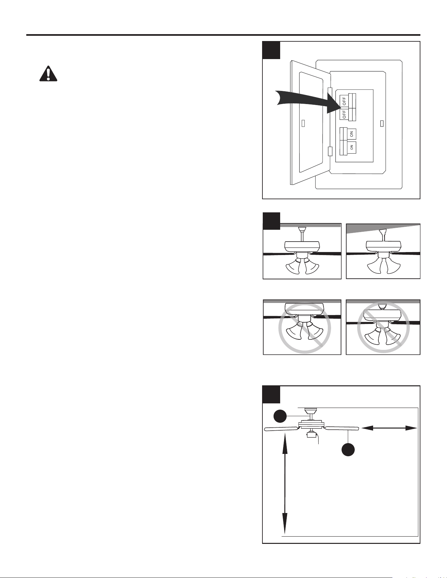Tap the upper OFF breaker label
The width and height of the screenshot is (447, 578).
344,101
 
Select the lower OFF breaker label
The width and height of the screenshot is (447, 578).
344,114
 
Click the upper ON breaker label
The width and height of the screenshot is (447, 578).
351,134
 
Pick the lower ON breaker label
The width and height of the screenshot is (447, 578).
351,148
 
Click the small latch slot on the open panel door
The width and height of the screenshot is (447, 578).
303,123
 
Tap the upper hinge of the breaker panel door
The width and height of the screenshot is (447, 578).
330,93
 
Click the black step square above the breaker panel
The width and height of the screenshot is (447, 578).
271,50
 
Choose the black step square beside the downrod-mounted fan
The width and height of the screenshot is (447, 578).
271,221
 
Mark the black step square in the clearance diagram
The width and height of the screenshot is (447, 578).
271,395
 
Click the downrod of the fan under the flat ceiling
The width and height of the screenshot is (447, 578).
302,237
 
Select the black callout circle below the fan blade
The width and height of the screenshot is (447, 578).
348,449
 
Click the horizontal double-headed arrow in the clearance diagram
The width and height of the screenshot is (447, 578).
389,428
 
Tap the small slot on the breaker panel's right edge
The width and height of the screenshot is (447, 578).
381,123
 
